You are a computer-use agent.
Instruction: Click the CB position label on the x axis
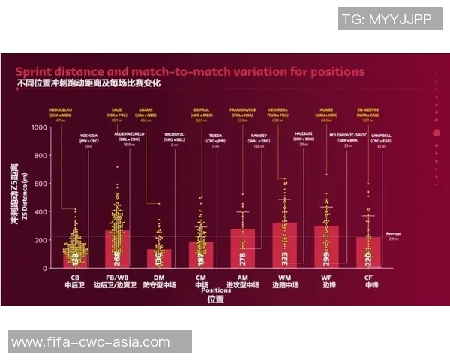(74, 277)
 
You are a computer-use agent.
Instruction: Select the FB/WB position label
(118, 277)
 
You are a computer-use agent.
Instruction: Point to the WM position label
(283, 277)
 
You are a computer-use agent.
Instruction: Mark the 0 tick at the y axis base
(45, 268)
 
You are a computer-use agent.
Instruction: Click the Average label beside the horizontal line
(393, 233)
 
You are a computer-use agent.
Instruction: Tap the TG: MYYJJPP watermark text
(385, 19)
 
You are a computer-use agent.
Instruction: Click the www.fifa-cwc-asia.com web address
(91, 342)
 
